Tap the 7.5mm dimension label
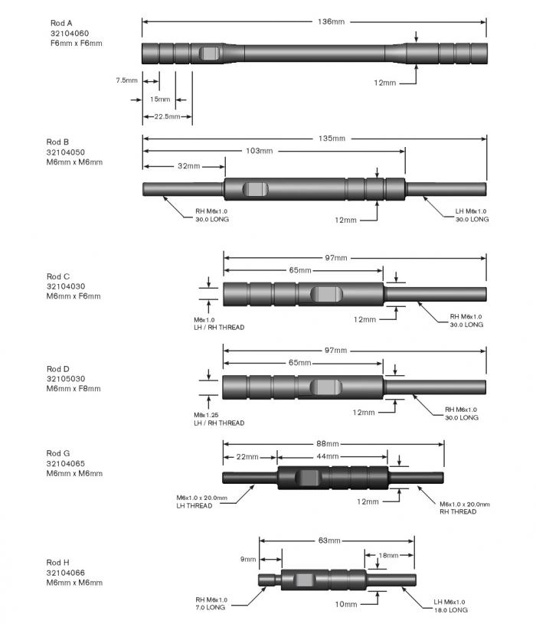pos(126,80)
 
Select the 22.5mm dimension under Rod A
pos(167,117)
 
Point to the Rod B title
pos(57,142)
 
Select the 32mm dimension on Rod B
pos(188,166)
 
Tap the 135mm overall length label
pos(332,139)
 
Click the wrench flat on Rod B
pos(256,189)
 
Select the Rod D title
pos(57,369)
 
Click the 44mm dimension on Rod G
pos(328,457)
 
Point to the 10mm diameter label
pos(347,604)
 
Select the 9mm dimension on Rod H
pos(247,559)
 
